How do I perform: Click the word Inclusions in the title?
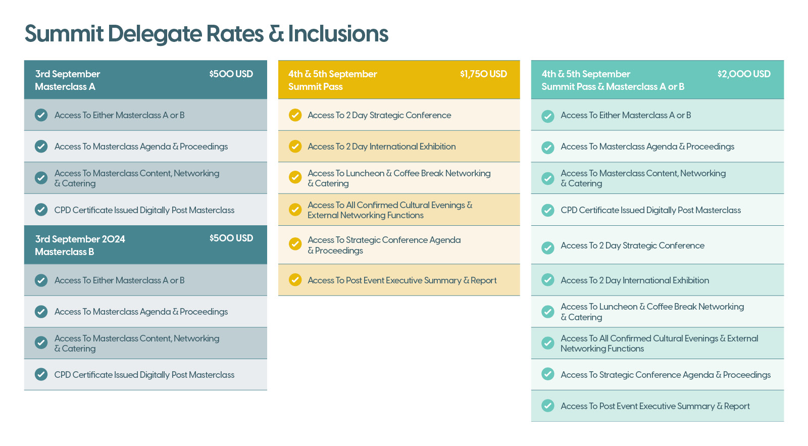coord(338,34)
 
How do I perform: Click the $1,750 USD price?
coord(483,74)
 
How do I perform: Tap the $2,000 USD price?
coord(744,74)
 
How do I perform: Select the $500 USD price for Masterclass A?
coord(231,74)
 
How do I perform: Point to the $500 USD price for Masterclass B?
coord(231,238)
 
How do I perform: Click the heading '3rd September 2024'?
coord(80,239)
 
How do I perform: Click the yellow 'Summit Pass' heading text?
coord(316,86)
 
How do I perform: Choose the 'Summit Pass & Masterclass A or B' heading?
coord(613,86)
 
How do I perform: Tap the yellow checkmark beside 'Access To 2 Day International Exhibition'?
coord(295,146)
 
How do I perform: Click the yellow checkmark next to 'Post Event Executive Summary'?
coord(295,280)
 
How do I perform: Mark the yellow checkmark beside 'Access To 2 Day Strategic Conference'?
coord(295,115)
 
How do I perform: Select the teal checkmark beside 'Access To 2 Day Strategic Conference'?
coord(548,247)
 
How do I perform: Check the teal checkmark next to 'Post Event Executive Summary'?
coord(548,406)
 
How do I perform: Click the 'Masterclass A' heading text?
coord(65,86)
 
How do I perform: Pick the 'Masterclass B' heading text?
coord(65,252)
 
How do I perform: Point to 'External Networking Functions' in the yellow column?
coord(366,215)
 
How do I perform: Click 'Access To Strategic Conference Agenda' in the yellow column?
coord(384,240)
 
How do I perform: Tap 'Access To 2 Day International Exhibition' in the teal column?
coord(635,280)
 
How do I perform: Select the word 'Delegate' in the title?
coord(155,34)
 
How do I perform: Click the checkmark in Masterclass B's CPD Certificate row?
coord(41,374)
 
